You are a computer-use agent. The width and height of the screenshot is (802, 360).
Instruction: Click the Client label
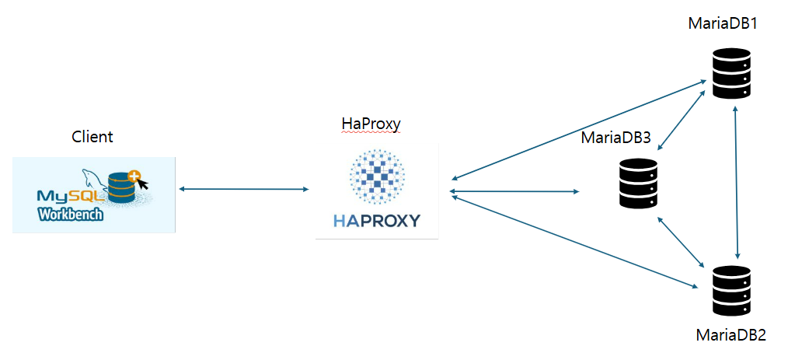(x=92, y=138)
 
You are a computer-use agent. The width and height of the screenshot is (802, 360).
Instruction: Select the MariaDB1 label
(x=723, y=23)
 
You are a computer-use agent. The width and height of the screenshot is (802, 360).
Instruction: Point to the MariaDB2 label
(x=731, y=335)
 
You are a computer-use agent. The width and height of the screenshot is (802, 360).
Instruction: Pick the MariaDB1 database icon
(x=731, y=73)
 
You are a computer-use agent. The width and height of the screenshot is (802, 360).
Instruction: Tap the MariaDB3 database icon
(x=639, y=183)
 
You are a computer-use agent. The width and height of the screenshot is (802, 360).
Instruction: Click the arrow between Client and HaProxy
(x=243, y=189)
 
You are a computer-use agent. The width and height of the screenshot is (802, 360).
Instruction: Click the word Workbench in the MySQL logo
(x=70, y=214)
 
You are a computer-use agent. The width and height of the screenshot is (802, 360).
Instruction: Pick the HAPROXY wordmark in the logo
(x=377, y=221)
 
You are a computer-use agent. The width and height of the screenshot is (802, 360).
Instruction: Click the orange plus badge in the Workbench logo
(x=136, y=177)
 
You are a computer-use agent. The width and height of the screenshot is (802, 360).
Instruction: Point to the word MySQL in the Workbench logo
(x=65, y=195)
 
